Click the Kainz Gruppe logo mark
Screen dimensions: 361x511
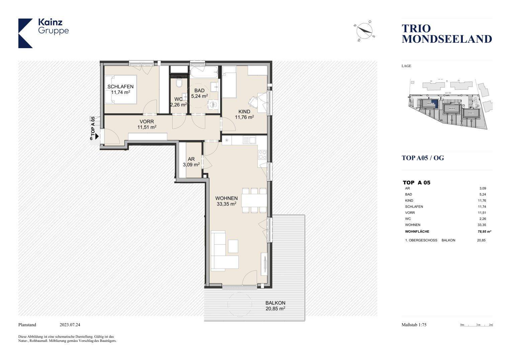(25, 33)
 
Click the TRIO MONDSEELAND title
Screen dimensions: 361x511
(446, 34)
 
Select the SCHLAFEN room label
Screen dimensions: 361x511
(120, 87)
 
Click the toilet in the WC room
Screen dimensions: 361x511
(179, 82)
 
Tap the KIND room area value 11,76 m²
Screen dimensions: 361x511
(244, 117)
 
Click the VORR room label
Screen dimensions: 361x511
(147, 122)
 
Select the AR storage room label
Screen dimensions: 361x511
(191, 159)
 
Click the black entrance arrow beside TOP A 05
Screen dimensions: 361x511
(97, 136)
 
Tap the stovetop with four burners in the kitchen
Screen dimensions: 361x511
(262, 155)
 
